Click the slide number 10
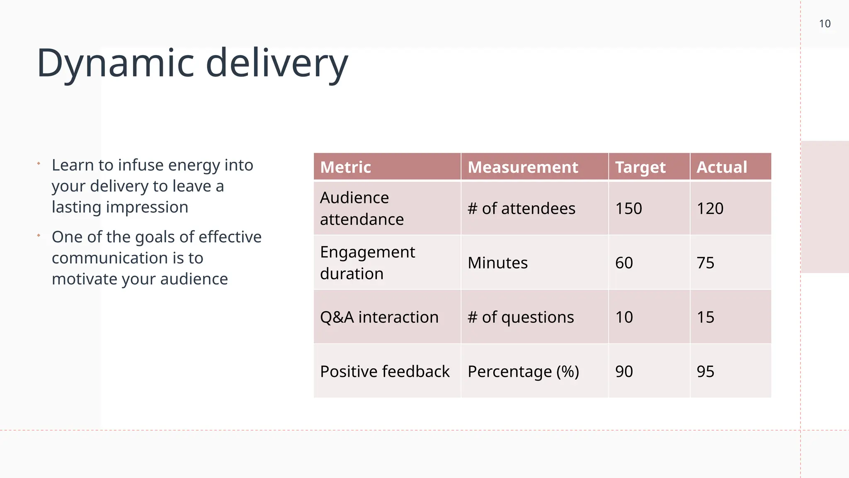pyautogui.click(x=825, y=24)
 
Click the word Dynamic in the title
pyautogui.click(x=115, y=63)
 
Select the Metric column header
pyautogui.click(x=345, y=167)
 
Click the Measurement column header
pyautogui.click(x=523, y=167)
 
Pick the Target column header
pyautogui.click(x=640, y=167)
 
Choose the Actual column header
pyautogui.click(x=722, y=167)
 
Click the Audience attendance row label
pyautogui.click(x=361, y=208)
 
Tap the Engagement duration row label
pyautogui.click(x=367, y=263)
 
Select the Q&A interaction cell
pyautogui.click(x=379, y=317)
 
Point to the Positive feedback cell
pyautogui.click(x=384, y=371)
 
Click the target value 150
pyautogui.click(x=628, y=208)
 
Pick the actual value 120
pyautogui.click(x=710, y=208)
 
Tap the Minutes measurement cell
pyautogui.click(x=497, y=263)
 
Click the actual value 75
pyautogui.click(x=705, y=263)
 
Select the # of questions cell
pyautogui.click(x=521, y=317)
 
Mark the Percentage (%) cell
pyautogui.click(x=523, y=371)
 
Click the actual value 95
pyautogui.click(x=705, y=371)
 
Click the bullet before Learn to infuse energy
pyautogui.click(x=39, y=163)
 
